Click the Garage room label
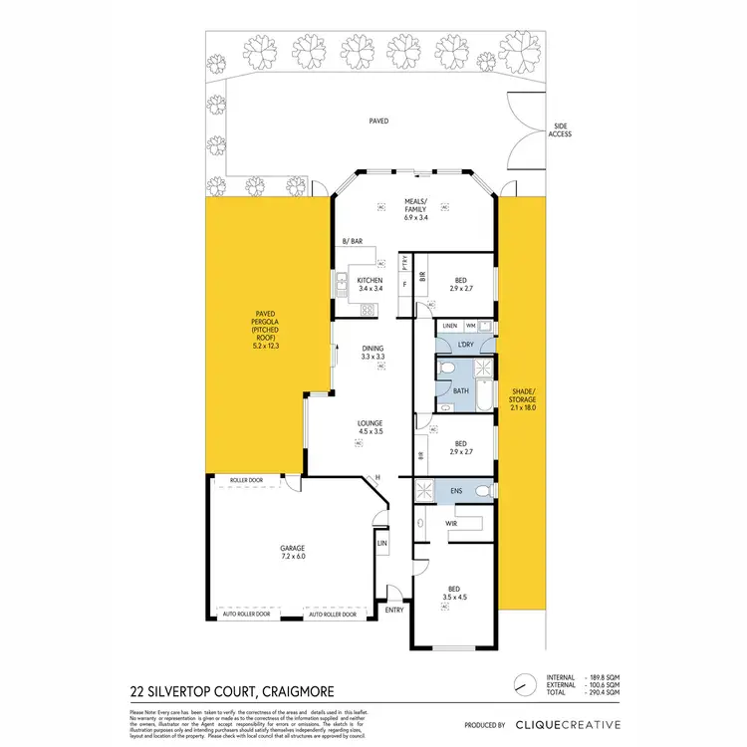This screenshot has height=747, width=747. tap(292, 553)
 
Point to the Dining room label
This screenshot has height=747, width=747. tap(373, 352)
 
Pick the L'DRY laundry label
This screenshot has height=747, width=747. tap(464, 345)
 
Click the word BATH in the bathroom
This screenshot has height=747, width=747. tap(461, 391)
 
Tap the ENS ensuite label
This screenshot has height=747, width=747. tap(456, 491)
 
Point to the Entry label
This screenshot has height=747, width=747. tap(394, 610)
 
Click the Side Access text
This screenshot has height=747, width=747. tap(561, 129)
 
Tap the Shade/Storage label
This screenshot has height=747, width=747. tap(523, 397)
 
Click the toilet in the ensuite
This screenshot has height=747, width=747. tap(482, 491)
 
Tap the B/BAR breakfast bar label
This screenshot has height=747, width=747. tap(352, 242)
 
